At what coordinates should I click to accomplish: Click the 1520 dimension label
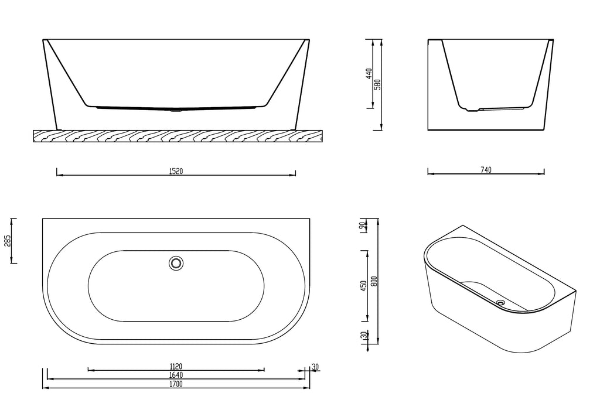176,172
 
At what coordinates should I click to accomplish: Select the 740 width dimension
486,170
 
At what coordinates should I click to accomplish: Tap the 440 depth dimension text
369,74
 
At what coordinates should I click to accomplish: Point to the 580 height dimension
378,84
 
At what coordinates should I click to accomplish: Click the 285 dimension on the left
8,241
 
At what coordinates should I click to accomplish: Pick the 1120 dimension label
176,367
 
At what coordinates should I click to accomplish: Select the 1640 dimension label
176,375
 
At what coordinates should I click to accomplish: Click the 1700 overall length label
176,384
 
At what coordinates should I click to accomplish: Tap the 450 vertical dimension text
364,286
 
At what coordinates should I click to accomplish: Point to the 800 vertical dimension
374,281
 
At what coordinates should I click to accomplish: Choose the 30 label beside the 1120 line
315,367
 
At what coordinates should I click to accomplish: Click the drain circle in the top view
176,264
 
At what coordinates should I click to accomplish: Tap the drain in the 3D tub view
500,303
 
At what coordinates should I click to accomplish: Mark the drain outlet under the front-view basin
176,110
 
